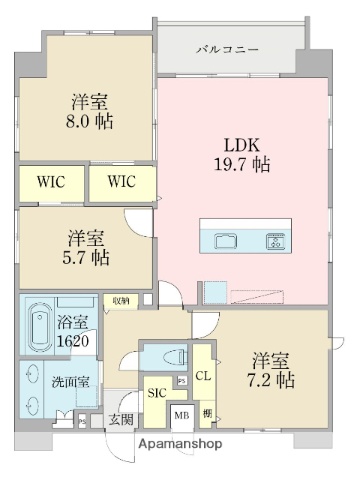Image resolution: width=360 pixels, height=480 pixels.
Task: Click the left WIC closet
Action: (x=51, y=182)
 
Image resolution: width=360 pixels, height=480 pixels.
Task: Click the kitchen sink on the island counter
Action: (x=226, y=240)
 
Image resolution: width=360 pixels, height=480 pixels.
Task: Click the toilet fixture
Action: (x=170, y=356)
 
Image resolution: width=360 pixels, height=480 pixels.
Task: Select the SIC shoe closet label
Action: (x=158, y=394)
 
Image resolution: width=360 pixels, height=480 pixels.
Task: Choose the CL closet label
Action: (x=202, y=378)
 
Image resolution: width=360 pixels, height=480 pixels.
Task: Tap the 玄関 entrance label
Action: (x=120, y=420)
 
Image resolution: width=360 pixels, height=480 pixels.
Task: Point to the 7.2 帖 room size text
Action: (x=271, y=370)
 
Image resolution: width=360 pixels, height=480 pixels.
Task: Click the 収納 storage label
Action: (x=119, y=299)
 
